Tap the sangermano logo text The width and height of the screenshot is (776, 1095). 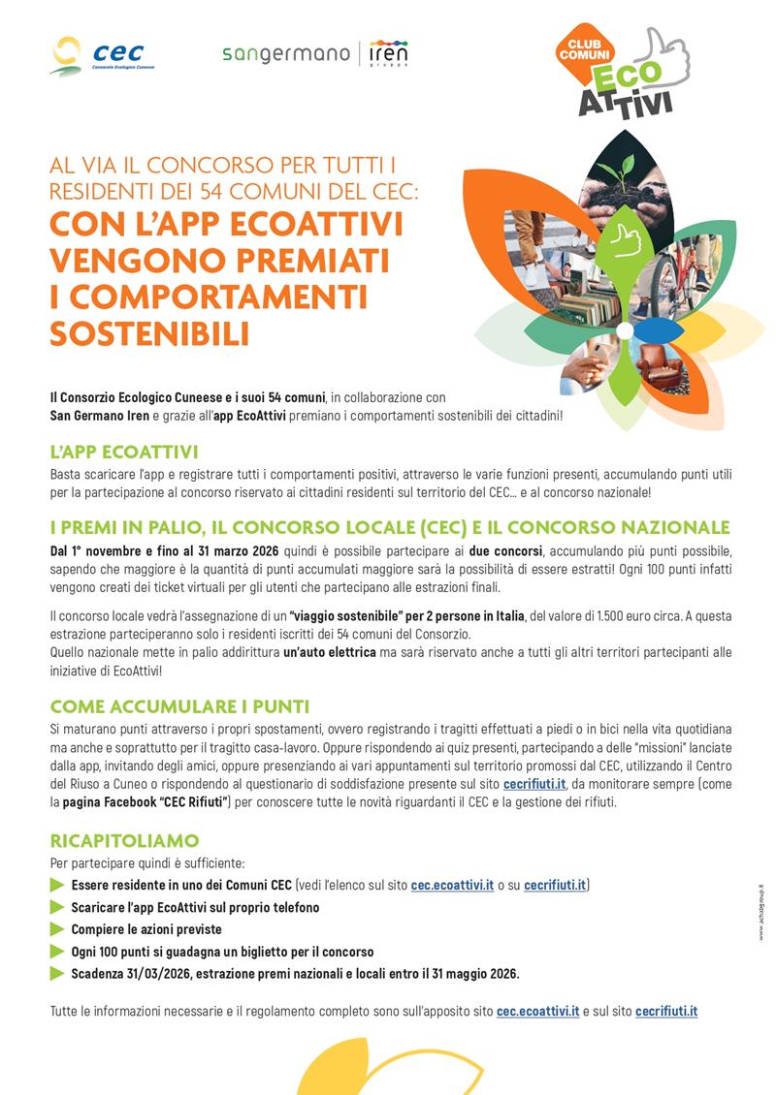pyautogui.click(x=284, y=53)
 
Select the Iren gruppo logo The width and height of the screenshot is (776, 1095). pyautogui.click(x=388, y=53)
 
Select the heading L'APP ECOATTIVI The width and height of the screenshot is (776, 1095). pyautogui.click(x=123, y=453)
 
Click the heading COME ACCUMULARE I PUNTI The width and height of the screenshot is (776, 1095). pyautogui.click(x=179, y=706)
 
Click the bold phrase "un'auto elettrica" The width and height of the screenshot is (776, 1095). pyautogui.click(x=330, y=653)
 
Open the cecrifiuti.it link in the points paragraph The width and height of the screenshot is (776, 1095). pyautogui.click(x=534, y=783)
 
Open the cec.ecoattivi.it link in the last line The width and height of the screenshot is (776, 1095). pyautogui.click(x=537, y=1011)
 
